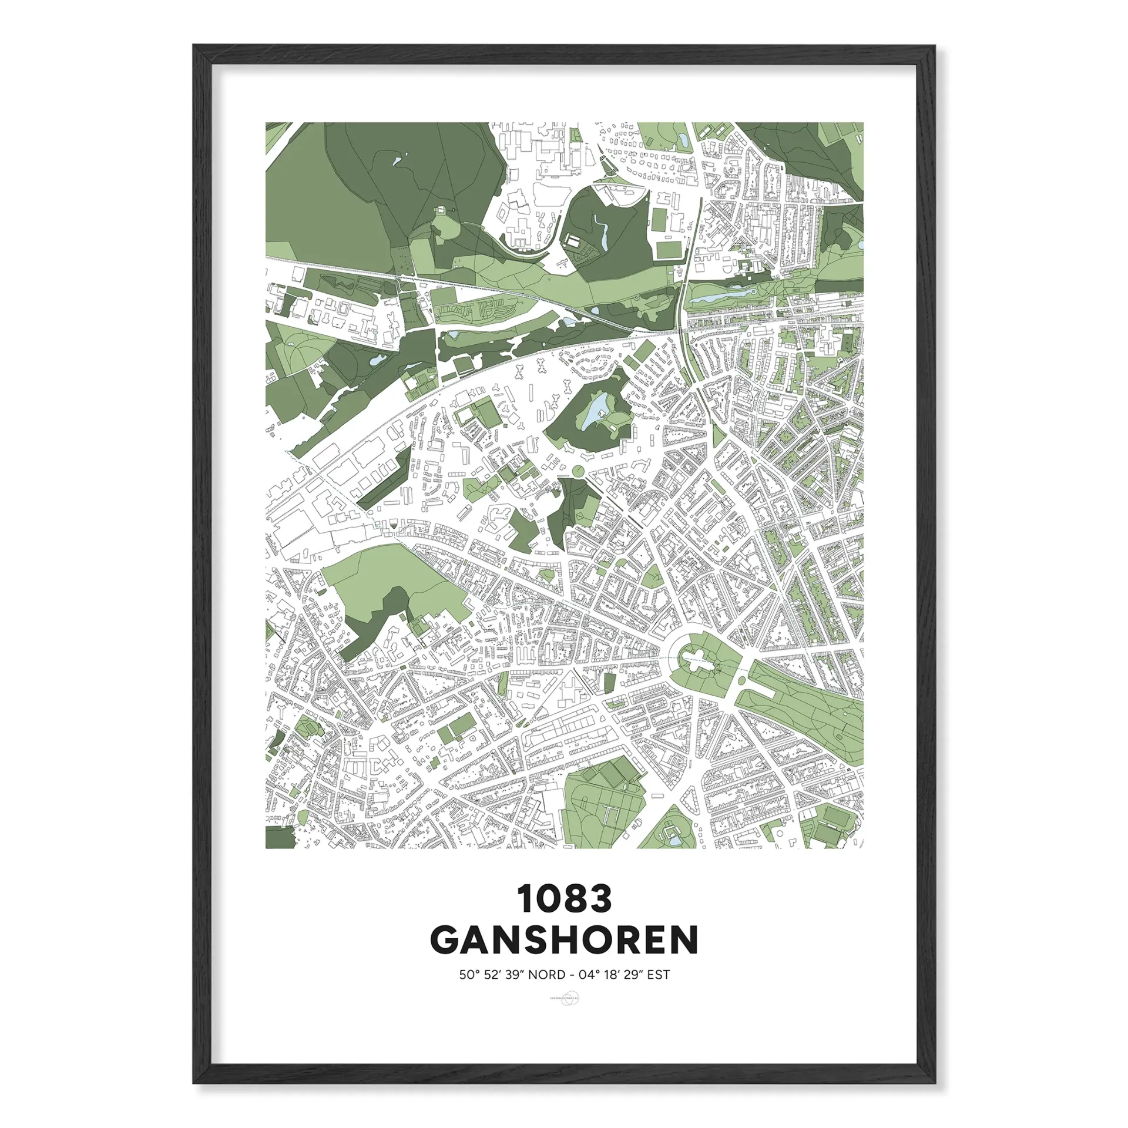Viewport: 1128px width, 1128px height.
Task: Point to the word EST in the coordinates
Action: pyautogui.click(x=659, y=975)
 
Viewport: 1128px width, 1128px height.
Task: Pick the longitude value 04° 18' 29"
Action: pyautogui.click(x=610, y=975)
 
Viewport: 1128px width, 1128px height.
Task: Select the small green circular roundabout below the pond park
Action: pyautogui.click(x=578, y=470)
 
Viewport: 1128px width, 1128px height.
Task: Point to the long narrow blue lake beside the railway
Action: pyautogui.click(x=720, y=296)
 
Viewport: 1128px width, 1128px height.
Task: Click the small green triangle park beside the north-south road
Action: pyautogui.click(x=717, y=435)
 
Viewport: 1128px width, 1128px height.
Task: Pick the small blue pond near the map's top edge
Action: pyautogui.click(x=683, y=140)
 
